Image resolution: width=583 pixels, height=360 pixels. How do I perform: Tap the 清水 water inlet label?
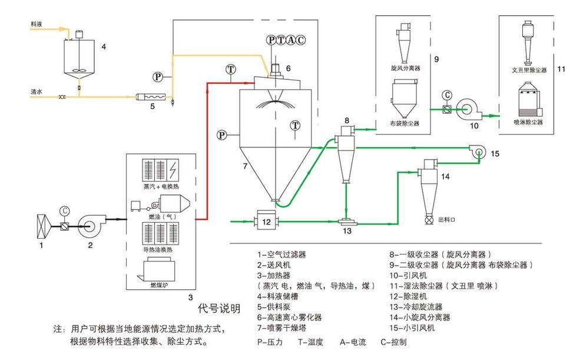click(x=37, y=93)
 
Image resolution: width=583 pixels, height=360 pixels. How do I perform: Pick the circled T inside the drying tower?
click(x=294, y=125)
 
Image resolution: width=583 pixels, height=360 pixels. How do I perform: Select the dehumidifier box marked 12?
click(x=266, y=222)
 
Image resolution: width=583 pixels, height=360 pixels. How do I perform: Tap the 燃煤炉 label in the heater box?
click(x=157, y=286)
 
